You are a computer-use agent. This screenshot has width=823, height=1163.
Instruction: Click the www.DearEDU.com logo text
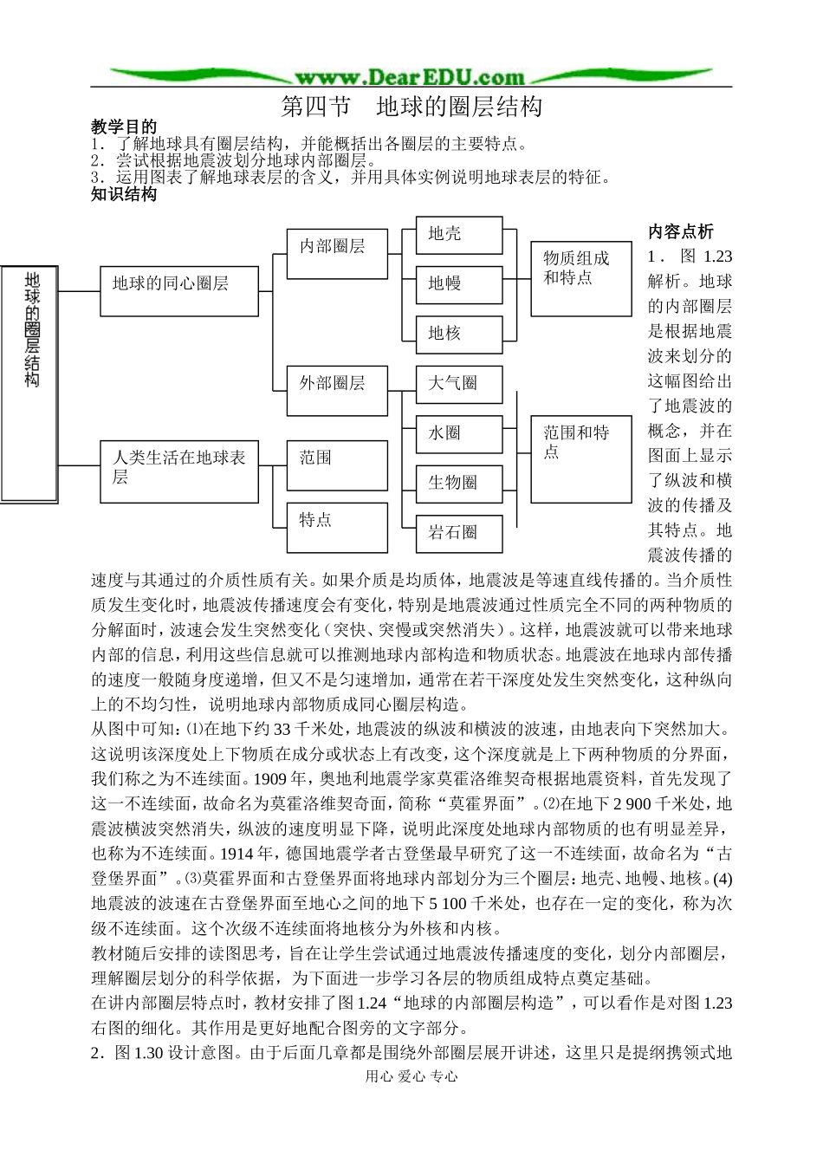[411, 76]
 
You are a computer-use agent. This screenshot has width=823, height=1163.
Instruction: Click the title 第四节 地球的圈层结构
[411, 107]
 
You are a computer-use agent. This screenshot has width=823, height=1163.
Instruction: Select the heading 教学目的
[124, 127]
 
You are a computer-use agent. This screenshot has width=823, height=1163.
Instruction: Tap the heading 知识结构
[124, 194]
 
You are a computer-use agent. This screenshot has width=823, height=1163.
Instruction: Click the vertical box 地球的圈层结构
[30, 382]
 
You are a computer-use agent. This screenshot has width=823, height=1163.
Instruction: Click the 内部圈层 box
[337, 253]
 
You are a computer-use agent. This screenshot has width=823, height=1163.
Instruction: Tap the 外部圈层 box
[337, 391]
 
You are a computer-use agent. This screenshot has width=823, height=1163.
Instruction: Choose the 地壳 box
[458, 235]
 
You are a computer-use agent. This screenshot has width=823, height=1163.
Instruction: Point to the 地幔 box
[458, 284]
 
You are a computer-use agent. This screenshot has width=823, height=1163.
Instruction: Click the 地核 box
[458, 334]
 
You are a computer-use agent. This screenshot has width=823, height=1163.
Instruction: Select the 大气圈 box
[458, 384]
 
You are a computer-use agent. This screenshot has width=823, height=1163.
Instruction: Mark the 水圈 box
[458, 433]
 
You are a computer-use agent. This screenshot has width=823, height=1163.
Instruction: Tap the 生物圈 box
[458, 483]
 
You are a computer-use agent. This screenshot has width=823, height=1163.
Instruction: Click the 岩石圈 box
[458, 532]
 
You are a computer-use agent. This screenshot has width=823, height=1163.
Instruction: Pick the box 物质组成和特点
[580, 277]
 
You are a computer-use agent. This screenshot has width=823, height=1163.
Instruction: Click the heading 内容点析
[681, 231]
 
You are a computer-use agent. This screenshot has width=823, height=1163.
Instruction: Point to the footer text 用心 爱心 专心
[411, 1076]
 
